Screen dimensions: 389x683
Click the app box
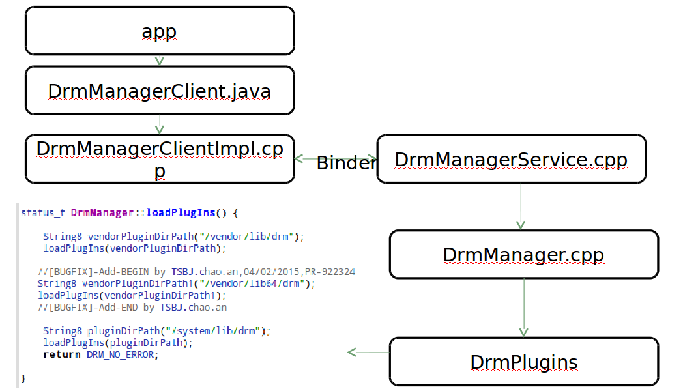coord(160,31)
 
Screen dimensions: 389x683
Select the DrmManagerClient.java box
coord(160,91)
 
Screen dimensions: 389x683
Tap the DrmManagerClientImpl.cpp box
coord(160,159)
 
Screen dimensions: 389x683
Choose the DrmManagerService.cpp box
coord(511,159)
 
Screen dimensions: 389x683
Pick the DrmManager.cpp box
coord(523,254)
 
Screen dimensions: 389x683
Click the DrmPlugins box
coord(523,362)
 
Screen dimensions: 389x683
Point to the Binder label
coord(346,164)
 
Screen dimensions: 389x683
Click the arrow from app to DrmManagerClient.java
coord(160,60)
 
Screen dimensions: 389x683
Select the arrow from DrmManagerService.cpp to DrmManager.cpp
coord(520,207)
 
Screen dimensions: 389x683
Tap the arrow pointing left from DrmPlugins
coord(368,353)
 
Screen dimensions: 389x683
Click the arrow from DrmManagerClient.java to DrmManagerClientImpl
coord(160,124)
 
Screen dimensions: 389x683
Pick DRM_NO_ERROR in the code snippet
coord(121,354)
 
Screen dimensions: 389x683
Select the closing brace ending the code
coord(23,378)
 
